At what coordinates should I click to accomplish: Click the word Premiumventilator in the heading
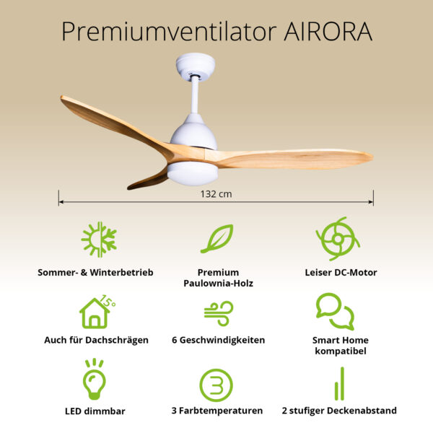pos(165,31)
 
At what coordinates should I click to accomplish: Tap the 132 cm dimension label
pos(216,193)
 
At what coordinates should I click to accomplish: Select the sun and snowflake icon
pos(99,240)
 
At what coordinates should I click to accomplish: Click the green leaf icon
pos(216,239)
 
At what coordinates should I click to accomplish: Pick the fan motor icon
pos(336,238)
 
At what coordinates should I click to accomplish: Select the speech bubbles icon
pos(335,311)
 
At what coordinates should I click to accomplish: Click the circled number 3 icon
pos(216,385)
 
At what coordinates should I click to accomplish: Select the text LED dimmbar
pos(95,411)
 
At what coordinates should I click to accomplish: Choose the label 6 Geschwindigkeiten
pos(218,340)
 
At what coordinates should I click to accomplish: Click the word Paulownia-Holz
pos(219,284)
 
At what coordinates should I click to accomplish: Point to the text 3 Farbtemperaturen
pos(217,411)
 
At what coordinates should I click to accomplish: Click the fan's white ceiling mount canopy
pos(196,66)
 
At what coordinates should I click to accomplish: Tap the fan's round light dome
pos(193,173)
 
